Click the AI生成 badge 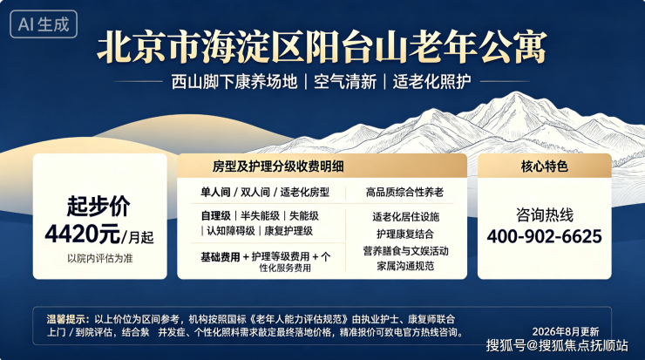(x=44, y=24)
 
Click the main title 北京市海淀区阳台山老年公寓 (x=322, y=47)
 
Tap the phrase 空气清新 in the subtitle (x=345, y=81)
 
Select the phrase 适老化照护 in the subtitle (x=431, y=81)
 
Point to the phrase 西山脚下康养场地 (x=234, y=81)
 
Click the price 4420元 (x=83, y=234)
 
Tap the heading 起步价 (x=98, y=206)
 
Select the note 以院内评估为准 (x=100, y=258)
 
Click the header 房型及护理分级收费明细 (x=278, y=166)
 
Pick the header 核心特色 (x=544, y=166)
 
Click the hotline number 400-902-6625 (x=544, y=236)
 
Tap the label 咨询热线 (x=544, y=214)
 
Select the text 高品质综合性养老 (x=404, y=192)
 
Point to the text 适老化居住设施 (x=405, y=217)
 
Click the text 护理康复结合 (x=405, y=234)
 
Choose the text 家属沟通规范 (x=405, y=266)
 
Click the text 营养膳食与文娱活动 (x=405, y=250)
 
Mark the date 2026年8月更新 (x=566, y=331)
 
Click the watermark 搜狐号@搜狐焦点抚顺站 (x=557, y=345)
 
